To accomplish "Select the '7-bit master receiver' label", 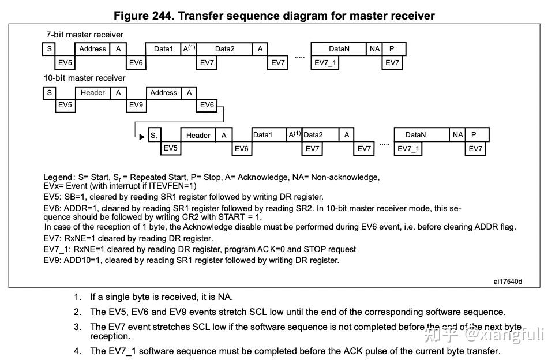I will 85,35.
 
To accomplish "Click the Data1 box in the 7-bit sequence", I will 163,49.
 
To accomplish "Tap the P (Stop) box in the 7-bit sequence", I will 392,49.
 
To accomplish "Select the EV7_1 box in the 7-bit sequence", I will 326,63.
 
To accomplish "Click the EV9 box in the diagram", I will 136,105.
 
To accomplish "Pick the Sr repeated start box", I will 154,135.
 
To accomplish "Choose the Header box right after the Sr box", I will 198,135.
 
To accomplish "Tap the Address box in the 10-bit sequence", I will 164,92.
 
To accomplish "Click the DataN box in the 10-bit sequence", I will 415,135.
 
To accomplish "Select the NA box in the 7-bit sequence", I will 375,49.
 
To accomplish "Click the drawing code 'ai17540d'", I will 508,282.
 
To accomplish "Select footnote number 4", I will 77,351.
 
